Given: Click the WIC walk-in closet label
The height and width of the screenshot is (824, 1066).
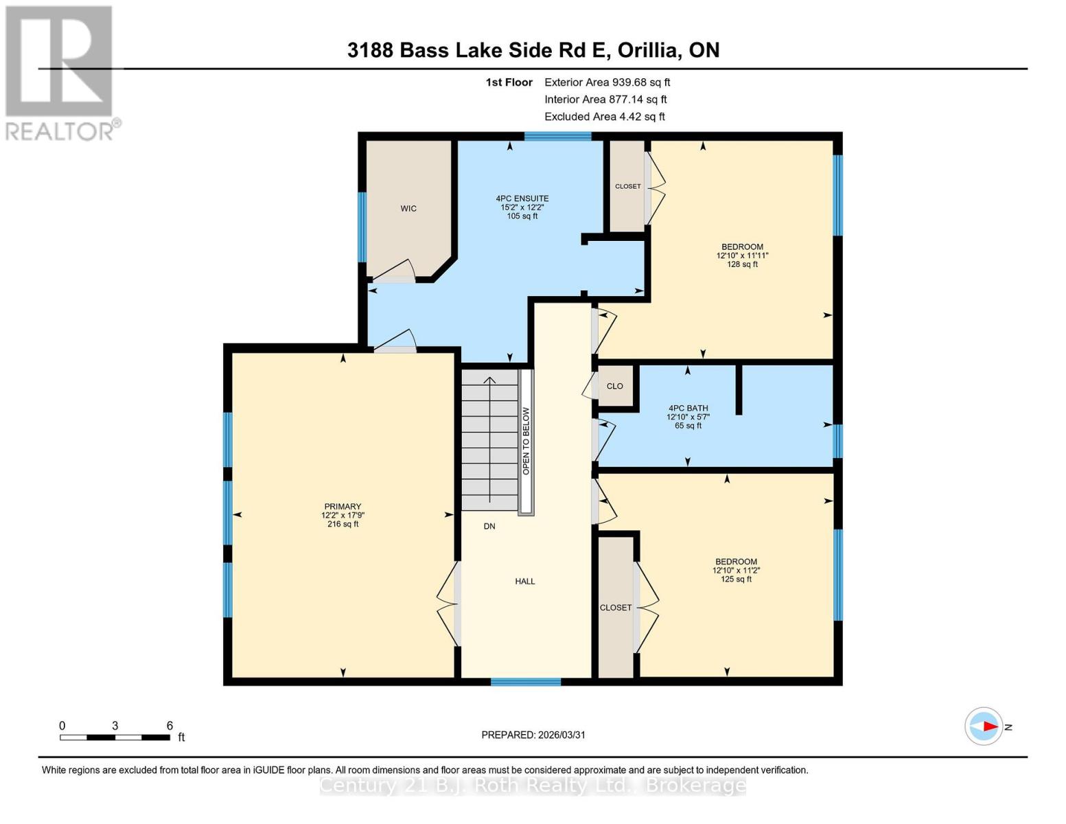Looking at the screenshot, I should coord(408,209).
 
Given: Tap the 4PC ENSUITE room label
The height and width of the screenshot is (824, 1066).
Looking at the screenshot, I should coord(522,199).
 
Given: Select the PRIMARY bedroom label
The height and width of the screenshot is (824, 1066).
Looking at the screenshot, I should coord(342,507).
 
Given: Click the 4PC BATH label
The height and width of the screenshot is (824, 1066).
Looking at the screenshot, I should coord(687,409).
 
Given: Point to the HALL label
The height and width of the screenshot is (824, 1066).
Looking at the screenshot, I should coord(525,582).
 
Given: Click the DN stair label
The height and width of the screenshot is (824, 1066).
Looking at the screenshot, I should coord(489,527).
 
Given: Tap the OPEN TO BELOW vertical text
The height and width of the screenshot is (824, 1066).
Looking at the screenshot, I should coord(526,442).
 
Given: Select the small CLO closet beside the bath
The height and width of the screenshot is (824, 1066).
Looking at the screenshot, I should coord(615,387).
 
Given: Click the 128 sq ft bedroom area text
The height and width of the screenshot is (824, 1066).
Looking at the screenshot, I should coord(742,264).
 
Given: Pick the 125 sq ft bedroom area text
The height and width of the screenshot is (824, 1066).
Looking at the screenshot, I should coord(736,580).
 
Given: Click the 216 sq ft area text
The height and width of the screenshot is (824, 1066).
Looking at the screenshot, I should coord(343,525).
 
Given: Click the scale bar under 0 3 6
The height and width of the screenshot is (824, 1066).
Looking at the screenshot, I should coord(115,737).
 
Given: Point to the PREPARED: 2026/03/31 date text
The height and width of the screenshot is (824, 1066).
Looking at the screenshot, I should coord(533,735).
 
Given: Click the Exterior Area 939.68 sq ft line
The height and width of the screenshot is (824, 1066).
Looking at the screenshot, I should coord(607,82).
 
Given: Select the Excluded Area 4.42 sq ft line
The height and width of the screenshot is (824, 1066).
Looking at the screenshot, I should coord(604,117).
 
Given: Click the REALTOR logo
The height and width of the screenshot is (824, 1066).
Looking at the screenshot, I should coord(60,72).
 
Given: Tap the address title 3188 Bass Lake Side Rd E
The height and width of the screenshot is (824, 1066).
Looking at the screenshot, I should coord(533,50).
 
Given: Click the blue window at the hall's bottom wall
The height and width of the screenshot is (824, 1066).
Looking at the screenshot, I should coord(526,682).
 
